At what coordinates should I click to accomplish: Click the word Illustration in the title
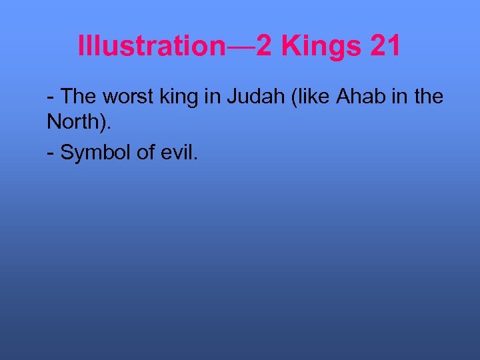152,46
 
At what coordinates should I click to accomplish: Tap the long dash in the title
241,47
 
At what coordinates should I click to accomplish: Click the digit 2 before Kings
263,46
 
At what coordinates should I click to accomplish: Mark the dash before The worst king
51,98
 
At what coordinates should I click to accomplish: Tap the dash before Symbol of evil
51,153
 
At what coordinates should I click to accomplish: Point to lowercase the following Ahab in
428,97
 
